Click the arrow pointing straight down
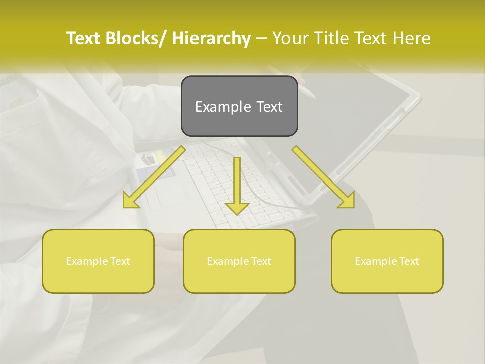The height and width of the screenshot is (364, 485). pos(237,185)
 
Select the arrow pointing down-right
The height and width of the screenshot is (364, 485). pos(323,177)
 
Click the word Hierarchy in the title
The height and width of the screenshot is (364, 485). pos(211,38)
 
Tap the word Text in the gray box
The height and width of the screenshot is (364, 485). pos(269,107)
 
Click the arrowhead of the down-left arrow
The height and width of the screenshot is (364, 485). pos(131,201)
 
